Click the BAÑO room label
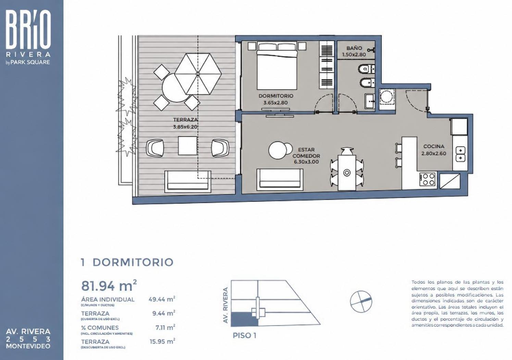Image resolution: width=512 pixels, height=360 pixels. tap(354, 48)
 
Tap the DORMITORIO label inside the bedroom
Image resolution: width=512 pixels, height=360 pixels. tap(276, 96)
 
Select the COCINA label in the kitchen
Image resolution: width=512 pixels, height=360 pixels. tap(434, 146)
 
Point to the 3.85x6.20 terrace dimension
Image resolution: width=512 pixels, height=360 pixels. tap(185, 127)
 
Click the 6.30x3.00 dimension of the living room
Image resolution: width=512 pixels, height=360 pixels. tap(306, 162)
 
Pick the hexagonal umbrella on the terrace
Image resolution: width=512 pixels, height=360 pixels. tap(198, 74)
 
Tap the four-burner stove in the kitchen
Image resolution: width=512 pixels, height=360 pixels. tap(427, 179)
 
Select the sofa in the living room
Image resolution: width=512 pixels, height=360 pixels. tap(280, 180)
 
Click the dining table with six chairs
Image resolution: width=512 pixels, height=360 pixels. tap(347, 169)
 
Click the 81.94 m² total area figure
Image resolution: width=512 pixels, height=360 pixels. tap(109, 285)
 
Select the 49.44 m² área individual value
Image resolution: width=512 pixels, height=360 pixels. tap(162, 299)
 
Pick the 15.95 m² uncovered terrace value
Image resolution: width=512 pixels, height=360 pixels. tap(162, 342)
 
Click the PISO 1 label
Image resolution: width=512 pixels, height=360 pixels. tap(244, 336)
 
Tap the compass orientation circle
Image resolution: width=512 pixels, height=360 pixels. tap(361, 301)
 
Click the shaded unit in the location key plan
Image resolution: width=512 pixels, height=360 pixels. tap(244, 319)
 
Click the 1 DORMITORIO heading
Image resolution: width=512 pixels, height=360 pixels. tap(127, 262)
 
